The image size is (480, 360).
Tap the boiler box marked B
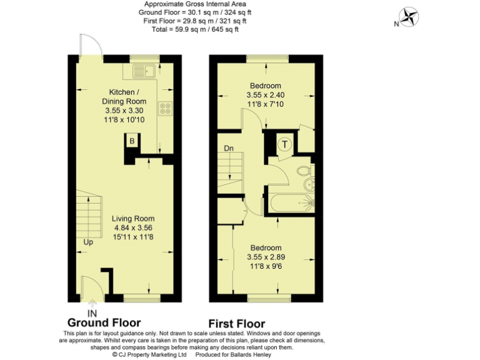pos(132,141)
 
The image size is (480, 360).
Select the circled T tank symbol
pos(285,144)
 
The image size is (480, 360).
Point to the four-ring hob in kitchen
pos(166,109)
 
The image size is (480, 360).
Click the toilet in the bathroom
pos(303,170)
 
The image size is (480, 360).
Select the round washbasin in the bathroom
pos(308,186)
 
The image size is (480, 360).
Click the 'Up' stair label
pos(88,242)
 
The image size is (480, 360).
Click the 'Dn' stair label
pos(229,149)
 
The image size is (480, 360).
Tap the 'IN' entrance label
pos(92,312)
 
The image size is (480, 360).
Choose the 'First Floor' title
pos(236,324)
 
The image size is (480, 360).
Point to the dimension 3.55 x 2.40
pos(265,95)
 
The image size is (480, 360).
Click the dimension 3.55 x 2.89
pos(265,257)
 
